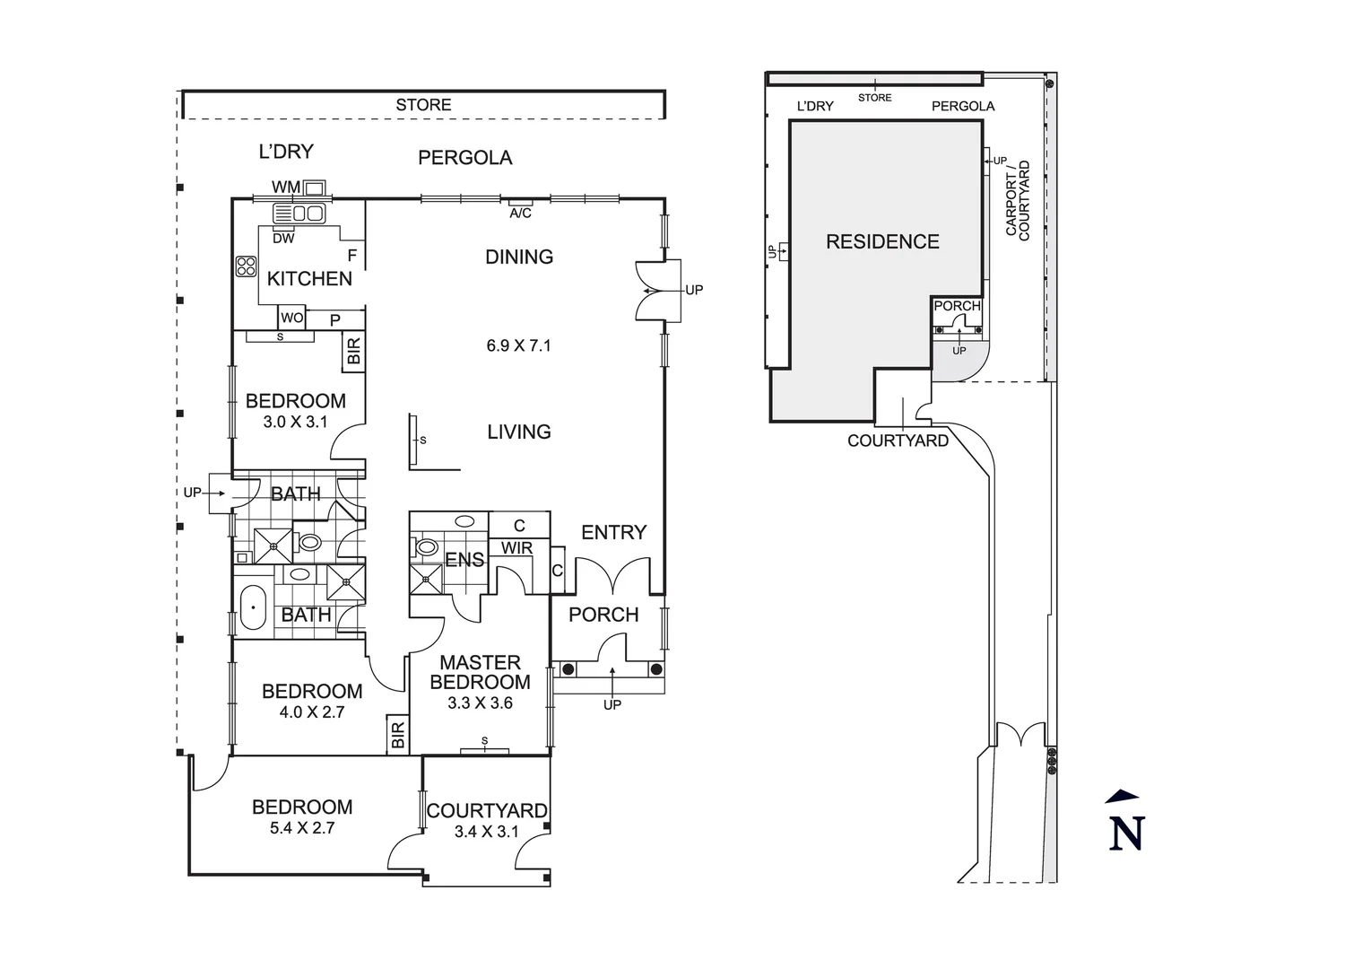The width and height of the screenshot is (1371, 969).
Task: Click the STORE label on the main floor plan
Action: (x=423, y=105)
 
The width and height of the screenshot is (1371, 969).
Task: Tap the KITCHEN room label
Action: (x=309, y=278)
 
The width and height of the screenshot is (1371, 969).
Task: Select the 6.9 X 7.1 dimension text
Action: (x=518, y=345)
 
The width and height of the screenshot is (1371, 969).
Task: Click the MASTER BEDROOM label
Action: (x=480, y=672)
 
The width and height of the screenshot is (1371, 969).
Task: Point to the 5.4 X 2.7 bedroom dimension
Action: (x=302, y=828)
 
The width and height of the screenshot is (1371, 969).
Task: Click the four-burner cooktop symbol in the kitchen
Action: (x=246, y=266)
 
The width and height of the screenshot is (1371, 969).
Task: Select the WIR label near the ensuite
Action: (x=516, y=547)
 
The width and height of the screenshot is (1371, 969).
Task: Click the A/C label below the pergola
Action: (x=520, y=214)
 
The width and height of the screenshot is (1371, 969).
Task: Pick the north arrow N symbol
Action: (x=1126, y=826)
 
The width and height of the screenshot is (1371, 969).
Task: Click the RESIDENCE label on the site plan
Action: (x=882, y=241)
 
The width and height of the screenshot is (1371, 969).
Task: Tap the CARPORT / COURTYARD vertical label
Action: (x=1018, y=199)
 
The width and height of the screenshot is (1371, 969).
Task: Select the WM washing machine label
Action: (x=286, y=187)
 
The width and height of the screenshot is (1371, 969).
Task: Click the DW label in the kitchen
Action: (x=283, y=239)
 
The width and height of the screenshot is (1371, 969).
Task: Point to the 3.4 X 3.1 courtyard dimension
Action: (x=486, y=832)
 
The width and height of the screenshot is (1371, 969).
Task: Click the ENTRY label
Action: (x=613, y=532)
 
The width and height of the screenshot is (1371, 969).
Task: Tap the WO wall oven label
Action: (x=291, y=318)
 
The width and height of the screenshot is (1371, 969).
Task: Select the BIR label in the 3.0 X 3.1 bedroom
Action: (x=353, y=351)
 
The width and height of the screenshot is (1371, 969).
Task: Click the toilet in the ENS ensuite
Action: (x=426, y=546)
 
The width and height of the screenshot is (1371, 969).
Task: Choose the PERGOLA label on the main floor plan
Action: (x=464, y=158)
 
